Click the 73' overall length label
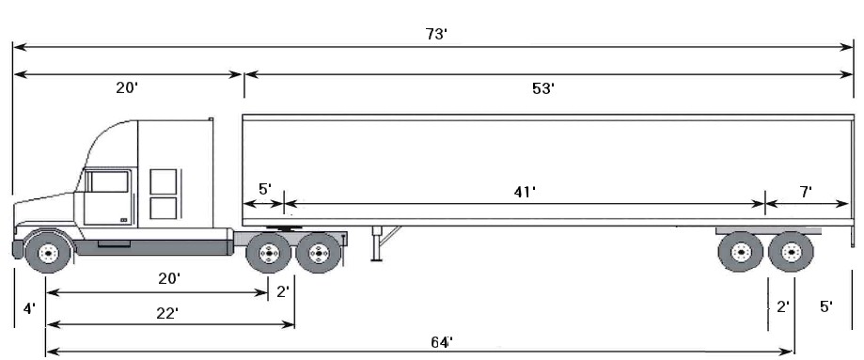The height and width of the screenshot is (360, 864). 436,34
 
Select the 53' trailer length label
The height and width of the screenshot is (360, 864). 542,88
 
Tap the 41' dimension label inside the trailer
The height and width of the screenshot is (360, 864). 525,192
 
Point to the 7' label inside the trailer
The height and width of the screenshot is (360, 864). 806,192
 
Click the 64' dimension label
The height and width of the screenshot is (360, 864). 441,342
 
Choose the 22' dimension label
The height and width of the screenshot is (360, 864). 167,313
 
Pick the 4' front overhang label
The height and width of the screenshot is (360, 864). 29,307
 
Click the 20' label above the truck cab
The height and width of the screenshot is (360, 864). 127,87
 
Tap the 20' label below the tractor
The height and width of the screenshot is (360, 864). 170,278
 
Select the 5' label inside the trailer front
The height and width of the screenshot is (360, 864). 265,189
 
